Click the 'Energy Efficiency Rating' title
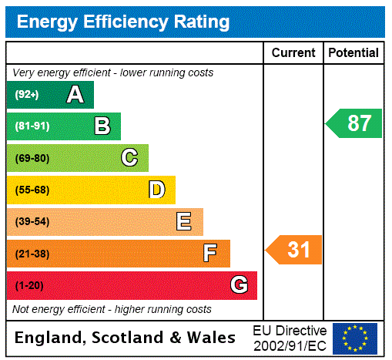click(x=123, y=22)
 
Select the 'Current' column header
click(x=293, y=53)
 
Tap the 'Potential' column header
click(x=353, y=53)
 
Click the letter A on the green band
click(x=75, y=95)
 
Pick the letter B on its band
click(x=102, y=126)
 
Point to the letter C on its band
click(x=129, y=158)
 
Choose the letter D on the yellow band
click(x=156, y=190)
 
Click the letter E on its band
click(x=184, y=222)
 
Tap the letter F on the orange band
click(x=210, y=254)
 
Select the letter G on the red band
click(x=239, y=285)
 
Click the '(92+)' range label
click(x=27, y=95)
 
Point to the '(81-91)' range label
click(x=32, y=126)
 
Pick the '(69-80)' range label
click(x=32, y=158)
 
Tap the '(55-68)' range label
click(x=32, y=190)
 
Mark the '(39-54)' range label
click(x=32, y=222)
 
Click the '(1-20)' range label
click(x=29, y=285)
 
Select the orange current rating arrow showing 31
click(x=294, y=250)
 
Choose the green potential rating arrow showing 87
click(x=354, y=123)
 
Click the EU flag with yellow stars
click(x=355, y=338)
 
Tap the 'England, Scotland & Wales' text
click(x=126, y=338)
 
